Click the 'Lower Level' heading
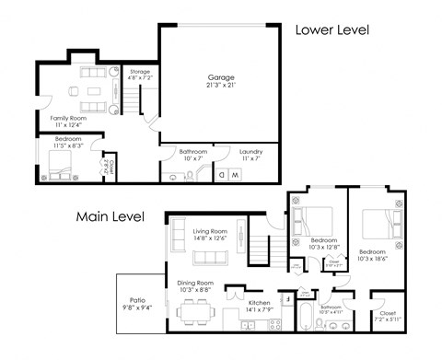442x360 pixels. (x=331, y=29)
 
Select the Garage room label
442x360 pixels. (x=219, y=76)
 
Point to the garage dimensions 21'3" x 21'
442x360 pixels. (x=219, y=86)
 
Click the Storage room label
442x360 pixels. (x=139, y=71)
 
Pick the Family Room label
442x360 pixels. (x=68, y=118)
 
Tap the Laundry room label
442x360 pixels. (x=251, y=151)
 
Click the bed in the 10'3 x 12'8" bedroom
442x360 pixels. (x=316, y=219)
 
